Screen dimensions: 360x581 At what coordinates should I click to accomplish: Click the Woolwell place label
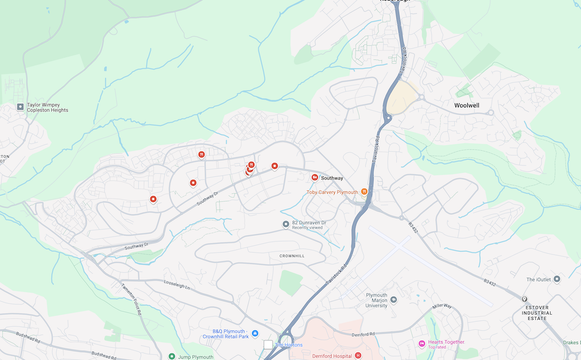[x=471, y=106]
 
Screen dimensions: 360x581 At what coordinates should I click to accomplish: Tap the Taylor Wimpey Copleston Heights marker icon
[x=20, y=107]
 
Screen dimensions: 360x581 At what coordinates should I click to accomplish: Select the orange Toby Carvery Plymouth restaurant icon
[x=364, y=191]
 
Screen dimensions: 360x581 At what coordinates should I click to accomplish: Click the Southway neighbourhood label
[x=332, y=178]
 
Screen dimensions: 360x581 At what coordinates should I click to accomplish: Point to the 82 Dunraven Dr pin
[x=286, y=224]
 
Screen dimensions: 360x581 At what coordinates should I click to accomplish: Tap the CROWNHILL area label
[x=292, y=255]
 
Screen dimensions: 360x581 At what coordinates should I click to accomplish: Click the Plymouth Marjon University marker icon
[x=393, y=300]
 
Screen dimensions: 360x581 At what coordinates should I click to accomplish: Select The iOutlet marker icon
[x=557, y=279]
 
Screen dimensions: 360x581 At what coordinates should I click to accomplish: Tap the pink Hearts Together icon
[x=422, y=344]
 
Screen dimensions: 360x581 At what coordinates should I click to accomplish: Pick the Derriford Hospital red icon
[x=358, y=355]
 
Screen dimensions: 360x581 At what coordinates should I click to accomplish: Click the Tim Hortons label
[x=289, y=345]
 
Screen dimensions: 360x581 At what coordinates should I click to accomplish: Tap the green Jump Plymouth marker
[x=171, y=357]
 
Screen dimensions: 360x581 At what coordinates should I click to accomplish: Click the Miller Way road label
[x=442, y=306]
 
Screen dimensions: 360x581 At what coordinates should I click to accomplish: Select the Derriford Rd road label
[x=365, y=334]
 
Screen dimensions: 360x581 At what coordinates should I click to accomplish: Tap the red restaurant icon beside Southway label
[x=314, y=177]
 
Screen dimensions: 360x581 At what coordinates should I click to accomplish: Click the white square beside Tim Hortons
[x=268, y=345]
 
